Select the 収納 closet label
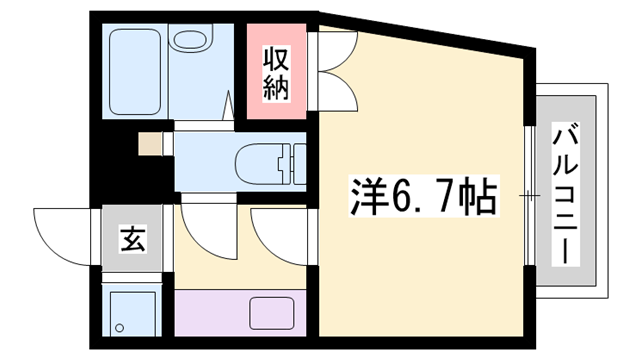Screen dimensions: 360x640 [x=276, y=73]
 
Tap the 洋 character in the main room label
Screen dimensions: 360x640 [x=368, y=195]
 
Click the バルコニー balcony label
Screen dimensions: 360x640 [x=566, y=194]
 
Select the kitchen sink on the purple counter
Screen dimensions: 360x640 [x=269, y=312]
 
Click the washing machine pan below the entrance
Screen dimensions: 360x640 [x=136, y=312]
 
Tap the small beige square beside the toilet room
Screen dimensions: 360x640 [x=150, y=143]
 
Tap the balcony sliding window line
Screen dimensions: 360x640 [x=527, y=196]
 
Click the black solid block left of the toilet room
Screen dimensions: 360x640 [x=118, y=160]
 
